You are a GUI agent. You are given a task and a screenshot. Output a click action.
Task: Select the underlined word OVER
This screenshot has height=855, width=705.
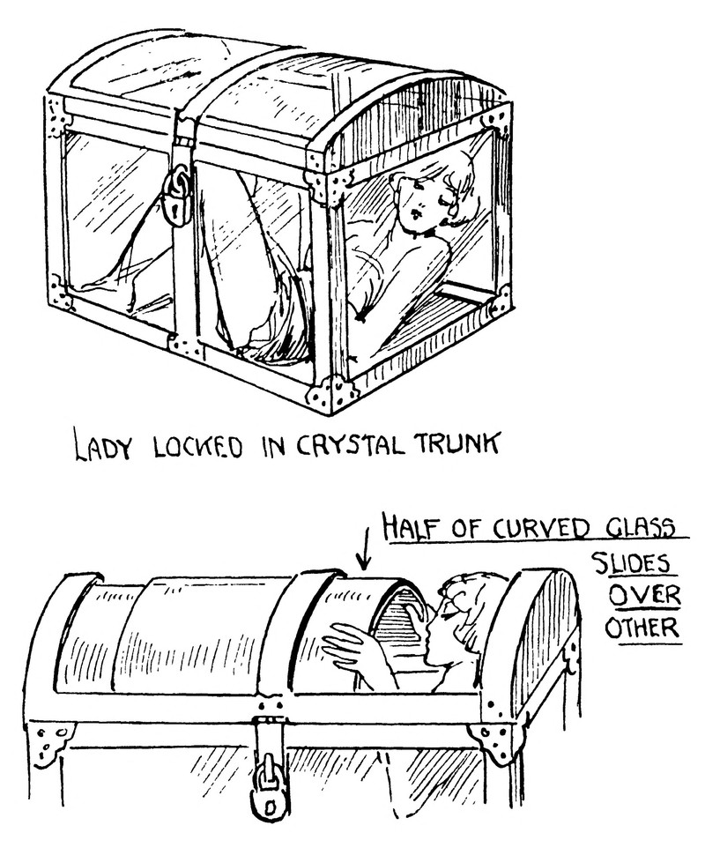pyautogui.click(x=644, y=595)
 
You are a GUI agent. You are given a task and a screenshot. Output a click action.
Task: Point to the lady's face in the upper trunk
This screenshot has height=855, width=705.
pyautogui.click(x=419, y=202)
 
